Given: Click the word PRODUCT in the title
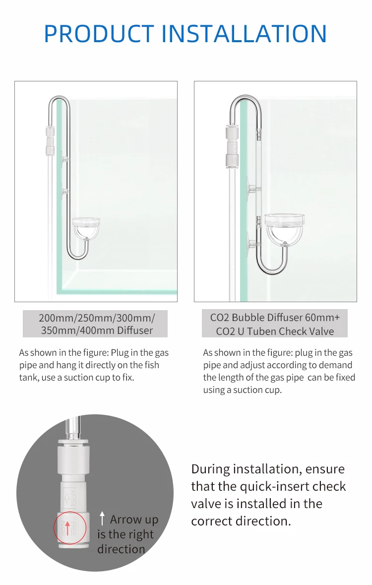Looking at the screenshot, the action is pyautogui.click(x=99, y=34).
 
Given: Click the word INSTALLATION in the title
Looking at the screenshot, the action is pyautogui.click(x=244, y=34).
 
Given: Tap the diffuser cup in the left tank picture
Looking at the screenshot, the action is pyautogui.click(x=86, y=228).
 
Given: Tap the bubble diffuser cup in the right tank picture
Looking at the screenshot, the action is pyautogui.click(x=285, y=228).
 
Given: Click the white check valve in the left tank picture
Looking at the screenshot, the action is pyautogui.click(x=50, y=140).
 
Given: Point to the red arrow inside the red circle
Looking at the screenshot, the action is pyautogui.click(x=67, y=528).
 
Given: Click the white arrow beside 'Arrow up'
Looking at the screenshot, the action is pyautogui.click(x=102, y=519).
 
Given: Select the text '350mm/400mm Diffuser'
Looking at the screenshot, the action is pyautogui.click(x=97, y=330).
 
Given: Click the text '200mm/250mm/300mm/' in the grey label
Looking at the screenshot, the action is pyautogui.click(x=97, y=318).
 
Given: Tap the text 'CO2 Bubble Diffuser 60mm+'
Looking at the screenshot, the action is pyautogui.click(x=275, y=318).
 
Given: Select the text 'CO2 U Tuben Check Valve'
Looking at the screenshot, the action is pyautogui.click(x=275, y=331).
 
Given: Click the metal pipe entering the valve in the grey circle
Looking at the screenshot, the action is pyautogui.click(x=73, y=428).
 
